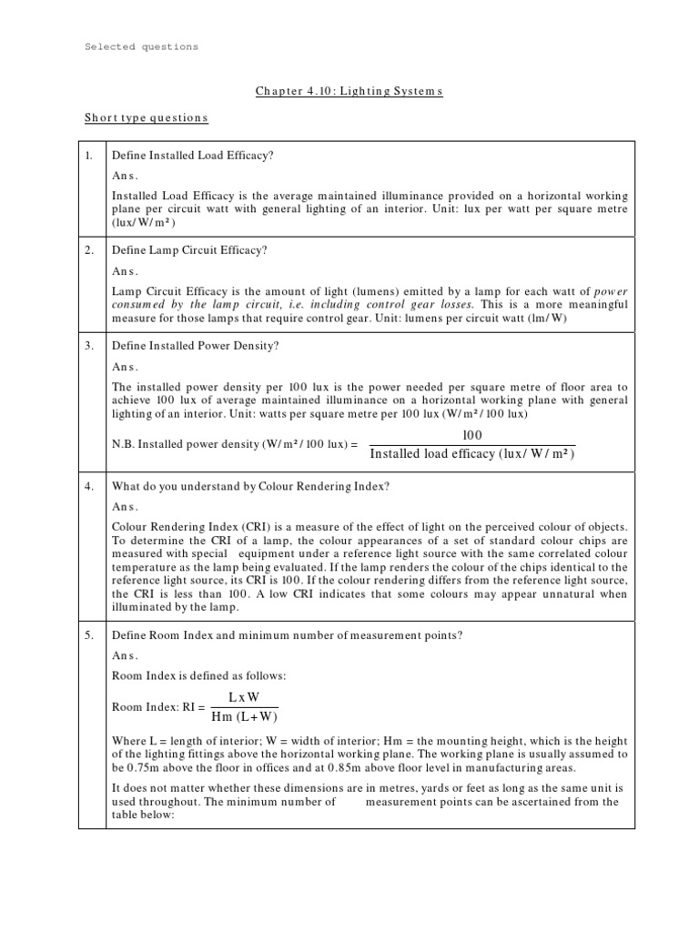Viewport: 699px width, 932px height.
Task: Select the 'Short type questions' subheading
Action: (x=146, y=118)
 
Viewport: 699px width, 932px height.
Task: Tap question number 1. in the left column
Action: (x=89, y=156)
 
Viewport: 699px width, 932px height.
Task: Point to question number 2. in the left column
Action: (x=89, y=249)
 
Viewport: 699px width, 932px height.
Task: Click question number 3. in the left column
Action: (x=89, y=345)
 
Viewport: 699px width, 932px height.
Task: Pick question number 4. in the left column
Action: (x=89, y=486)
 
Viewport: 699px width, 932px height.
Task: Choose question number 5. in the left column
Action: (x=89, y=635)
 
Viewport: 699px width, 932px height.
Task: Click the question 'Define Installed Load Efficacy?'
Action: (x=192, y=156)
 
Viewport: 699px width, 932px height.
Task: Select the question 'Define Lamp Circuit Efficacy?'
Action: (x=189, y=249)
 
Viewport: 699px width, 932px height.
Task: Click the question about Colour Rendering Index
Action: (x=250, y=486)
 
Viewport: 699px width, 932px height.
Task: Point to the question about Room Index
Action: (x=287, y=635)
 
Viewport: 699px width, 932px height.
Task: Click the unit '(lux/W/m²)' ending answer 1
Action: (x=143, y=222)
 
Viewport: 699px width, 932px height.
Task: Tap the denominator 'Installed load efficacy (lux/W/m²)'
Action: (x=472, y=454)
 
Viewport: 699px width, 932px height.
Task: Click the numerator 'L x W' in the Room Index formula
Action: (x=243, y=696)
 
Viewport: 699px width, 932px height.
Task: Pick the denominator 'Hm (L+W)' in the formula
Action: (x=244, y=715)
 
